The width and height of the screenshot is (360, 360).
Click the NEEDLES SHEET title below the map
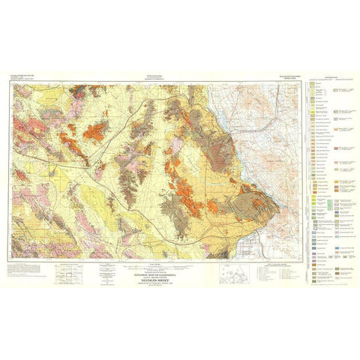147,274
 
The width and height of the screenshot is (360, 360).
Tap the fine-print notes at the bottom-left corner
26,271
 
